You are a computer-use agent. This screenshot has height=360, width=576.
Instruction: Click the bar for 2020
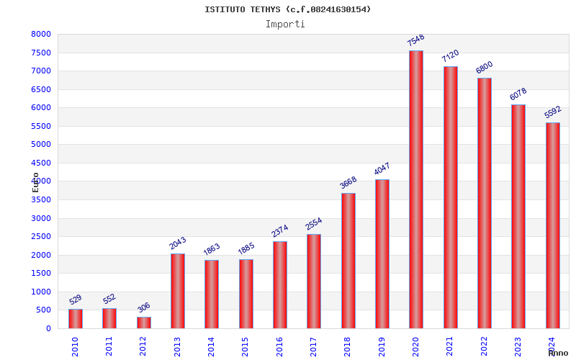click(x=416, y=189)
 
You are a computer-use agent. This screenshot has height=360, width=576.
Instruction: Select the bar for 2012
click(x=144, y=323)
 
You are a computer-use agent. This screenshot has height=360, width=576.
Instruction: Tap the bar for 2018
click(x=348, y=261)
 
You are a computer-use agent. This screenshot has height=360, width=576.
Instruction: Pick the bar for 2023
click(x=518, y=216)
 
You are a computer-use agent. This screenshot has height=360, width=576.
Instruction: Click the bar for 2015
click(x=246, y=294)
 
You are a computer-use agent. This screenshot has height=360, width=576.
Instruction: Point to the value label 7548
click(x=416, y=40)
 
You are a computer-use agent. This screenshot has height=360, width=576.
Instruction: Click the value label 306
click(x=144, y=307)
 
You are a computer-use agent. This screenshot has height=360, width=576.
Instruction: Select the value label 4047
click(x=382, y=169)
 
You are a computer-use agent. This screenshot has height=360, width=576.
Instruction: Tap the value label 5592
click(x=553, y=112)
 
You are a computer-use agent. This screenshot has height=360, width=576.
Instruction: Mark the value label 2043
click(x=178, y=243)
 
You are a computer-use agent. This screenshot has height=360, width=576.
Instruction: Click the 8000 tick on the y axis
click(x=41, y=35)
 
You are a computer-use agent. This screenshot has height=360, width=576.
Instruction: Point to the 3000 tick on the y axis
click(x=41, y=218)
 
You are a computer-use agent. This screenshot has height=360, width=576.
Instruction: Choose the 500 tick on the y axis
click(x=44, y=310)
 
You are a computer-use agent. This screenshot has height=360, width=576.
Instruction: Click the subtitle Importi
click(x=285, y=24)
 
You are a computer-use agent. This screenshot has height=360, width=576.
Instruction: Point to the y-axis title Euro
click(x=36, y=181)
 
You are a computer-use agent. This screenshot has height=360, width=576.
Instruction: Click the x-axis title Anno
click(x=558, y=353)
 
